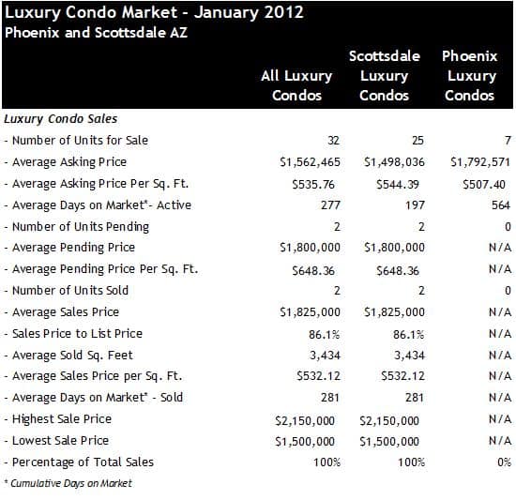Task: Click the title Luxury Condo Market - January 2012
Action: [x=154, y=13]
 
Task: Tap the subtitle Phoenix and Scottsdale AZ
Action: [x=96, y=33]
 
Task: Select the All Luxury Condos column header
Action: [x=296, y=85]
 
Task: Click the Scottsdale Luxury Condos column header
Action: [x=385, y=76]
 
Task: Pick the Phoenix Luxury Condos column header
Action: [x=470, y=76]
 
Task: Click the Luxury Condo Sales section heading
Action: [x=61, y=119]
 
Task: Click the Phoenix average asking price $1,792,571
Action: [x=480, y=162]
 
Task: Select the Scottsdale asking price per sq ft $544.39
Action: [x=398, y=184]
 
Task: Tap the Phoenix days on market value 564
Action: [x=501, y=205]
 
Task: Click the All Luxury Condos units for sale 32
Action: [x=333, y=141]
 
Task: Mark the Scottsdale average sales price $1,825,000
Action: [x=394, y=312]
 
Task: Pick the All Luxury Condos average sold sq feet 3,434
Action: [x=325, y=356]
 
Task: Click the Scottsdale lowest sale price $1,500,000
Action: [x=389, y=442]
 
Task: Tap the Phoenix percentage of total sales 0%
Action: [x=504, y=462]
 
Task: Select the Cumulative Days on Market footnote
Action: [x=68, y=483]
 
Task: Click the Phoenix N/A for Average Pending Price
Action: [x=500, y=248]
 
